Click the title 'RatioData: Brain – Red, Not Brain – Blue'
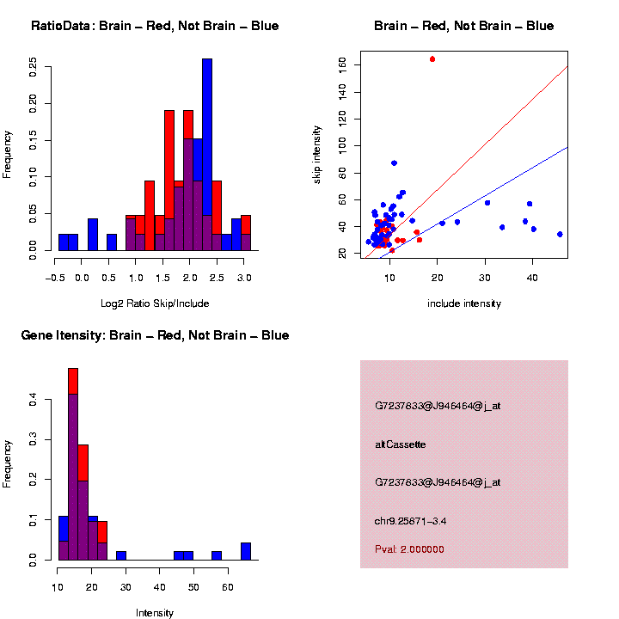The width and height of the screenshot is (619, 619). [155, 26]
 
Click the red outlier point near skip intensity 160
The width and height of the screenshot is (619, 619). [432, 59]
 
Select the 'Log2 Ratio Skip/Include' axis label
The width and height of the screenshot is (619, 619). [155, 303]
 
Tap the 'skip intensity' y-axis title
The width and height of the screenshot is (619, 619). [317, 153]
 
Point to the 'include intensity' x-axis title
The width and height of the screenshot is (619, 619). [464, 303]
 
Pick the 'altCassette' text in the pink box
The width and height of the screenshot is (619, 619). [401, 444]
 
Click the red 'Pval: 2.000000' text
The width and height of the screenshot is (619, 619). [410, 549]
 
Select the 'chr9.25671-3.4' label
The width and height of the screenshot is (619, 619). [410, 521]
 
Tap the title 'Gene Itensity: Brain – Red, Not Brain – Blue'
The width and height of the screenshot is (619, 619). [155, 335]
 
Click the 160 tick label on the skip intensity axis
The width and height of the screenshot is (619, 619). [342, 64]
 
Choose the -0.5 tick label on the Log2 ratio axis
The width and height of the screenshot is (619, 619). [55, 278]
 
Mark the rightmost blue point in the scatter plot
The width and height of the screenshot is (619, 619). [560, 234]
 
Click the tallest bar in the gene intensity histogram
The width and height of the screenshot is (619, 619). [73, 464]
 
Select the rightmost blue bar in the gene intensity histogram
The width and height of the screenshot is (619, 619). [246, 551]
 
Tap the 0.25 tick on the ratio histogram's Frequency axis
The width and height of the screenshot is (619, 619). [34, 67]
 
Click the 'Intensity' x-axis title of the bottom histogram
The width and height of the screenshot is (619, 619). [155, 613]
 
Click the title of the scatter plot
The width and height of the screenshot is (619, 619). [464, 26]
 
